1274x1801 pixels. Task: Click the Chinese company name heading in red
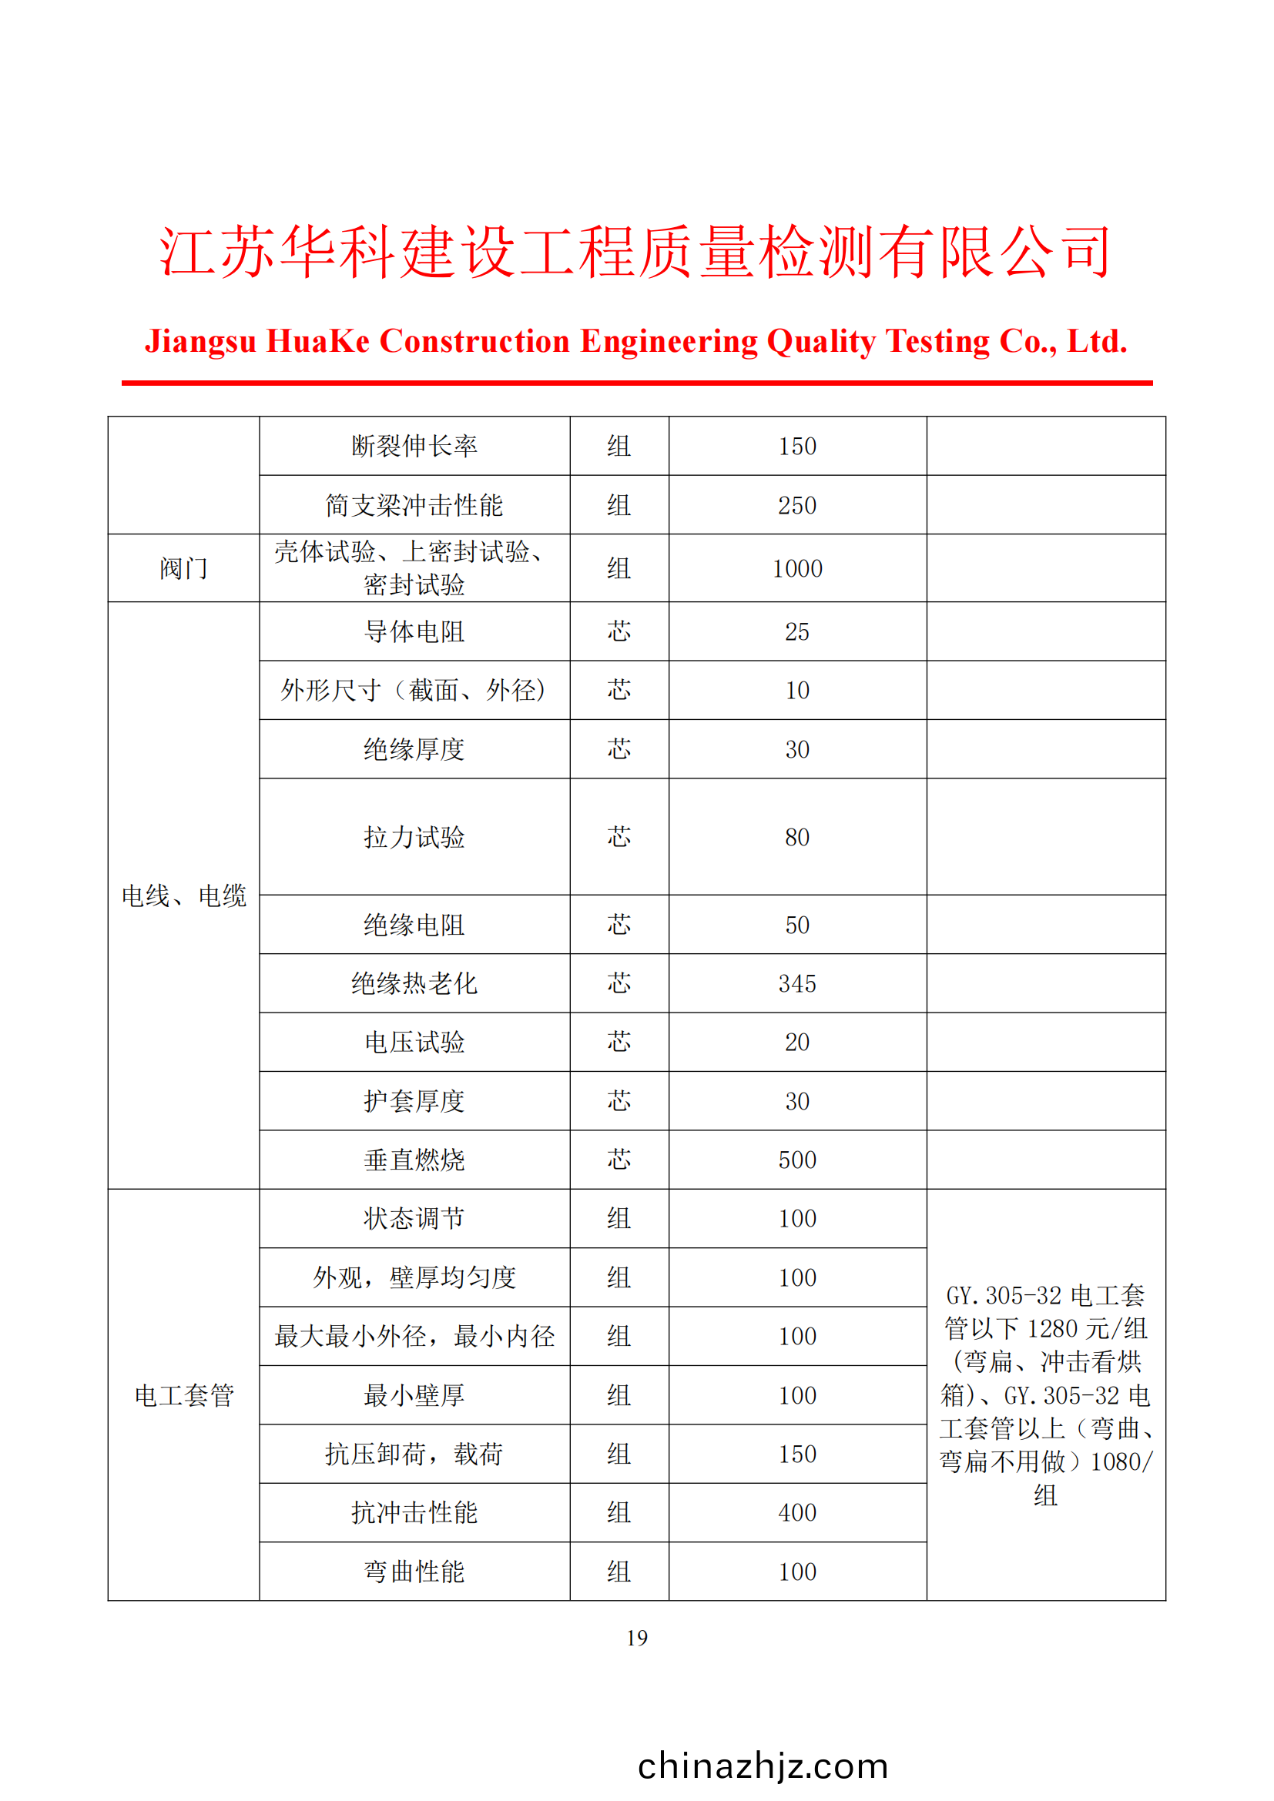(636, 253)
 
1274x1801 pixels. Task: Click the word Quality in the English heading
(820, 342)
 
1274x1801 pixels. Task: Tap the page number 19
(636, 1638)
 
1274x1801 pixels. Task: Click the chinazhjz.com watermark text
(763, 1766)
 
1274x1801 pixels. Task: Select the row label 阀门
(183, 569)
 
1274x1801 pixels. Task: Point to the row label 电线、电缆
(183, 895)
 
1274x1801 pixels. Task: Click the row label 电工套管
(183, 1395)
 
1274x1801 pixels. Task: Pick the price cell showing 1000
(797, 569)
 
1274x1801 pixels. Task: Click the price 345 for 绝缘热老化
(797, 983)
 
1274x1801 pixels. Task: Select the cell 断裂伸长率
(414, 447)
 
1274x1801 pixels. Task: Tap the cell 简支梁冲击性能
(414, 505)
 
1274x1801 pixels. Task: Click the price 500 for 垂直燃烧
(797, 1160)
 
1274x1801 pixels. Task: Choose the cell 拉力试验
(414, 837)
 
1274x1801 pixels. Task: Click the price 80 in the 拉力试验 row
(797, 837)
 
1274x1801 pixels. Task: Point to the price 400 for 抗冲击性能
(797, 1513)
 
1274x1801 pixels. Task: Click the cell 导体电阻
(414, 631)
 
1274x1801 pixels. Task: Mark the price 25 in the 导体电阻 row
(797, 631)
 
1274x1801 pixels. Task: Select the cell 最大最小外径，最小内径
(414, 1337)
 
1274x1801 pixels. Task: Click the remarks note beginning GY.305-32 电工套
(1045, 1395)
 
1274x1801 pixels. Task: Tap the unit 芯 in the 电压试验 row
(619, 1043)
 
